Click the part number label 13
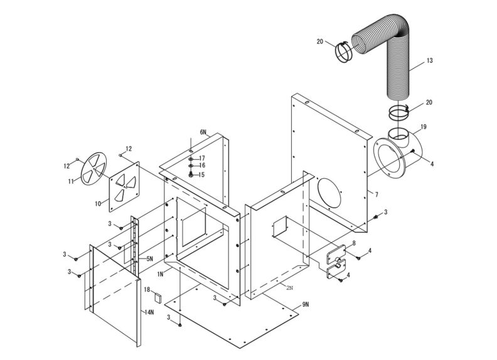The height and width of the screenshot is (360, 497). (x=429, y=61)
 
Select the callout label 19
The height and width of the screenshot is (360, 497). (x=424, y=127)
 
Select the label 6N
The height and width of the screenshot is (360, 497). (x=203, y=132)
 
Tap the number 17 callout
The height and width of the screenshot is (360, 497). (x=202, y=158)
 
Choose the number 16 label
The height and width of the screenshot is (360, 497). (x=202, y=166)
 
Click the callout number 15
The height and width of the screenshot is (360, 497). (x=202, y=175)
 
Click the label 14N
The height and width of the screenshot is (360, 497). (x=149, y=312)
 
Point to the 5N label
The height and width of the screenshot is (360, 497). (x=149, y=258)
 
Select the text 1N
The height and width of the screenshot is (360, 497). (x=161, y=274)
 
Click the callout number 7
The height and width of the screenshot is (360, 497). (x=377, y=195)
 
